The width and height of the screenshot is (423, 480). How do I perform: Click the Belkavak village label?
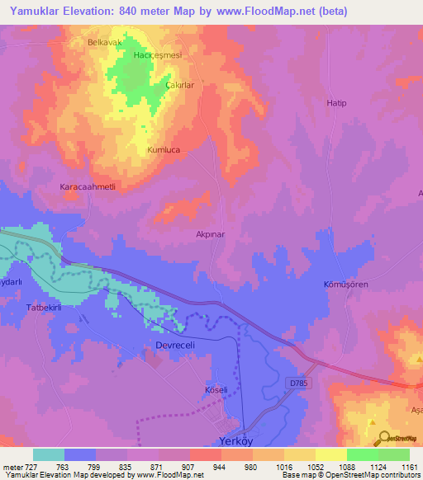click(x=104, y=40)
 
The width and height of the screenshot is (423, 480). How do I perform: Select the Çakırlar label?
click(x=179, y=85)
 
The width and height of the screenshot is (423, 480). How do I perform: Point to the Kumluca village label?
click(x=163, y=151)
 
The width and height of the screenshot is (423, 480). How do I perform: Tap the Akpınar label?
click(x=211, y=234)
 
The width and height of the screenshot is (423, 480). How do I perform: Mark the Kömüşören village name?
click(x=345, y=284)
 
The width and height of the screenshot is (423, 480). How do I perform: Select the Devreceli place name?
click(x=175, y=345)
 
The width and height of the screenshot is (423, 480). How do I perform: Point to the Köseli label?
click(x=215, y=388)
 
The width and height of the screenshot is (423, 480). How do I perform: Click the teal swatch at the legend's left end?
click(x=49, y=454)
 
